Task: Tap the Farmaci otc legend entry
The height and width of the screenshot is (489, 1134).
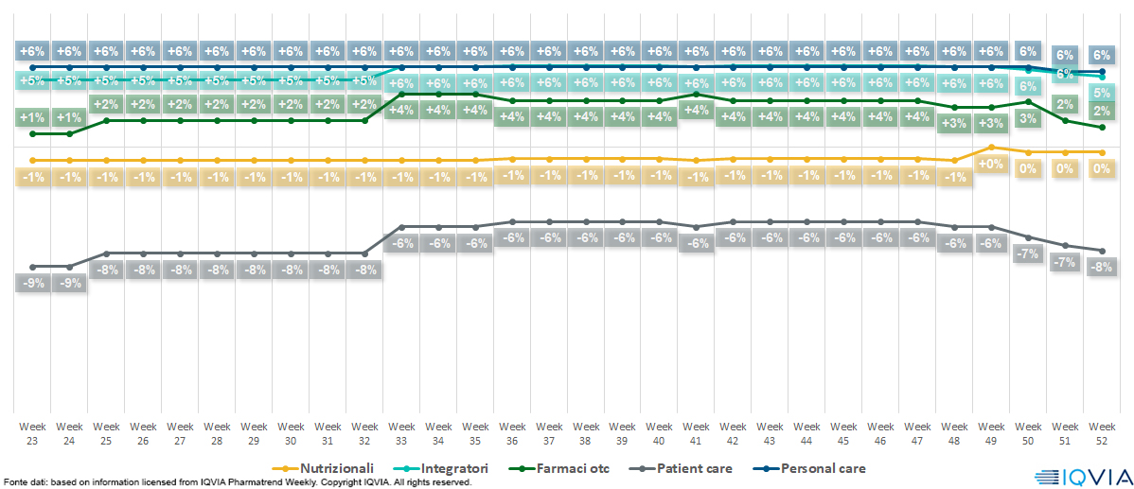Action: click(x=568, y=468)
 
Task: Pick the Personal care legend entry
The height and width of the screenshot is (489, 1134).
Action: click(x=818, y=468)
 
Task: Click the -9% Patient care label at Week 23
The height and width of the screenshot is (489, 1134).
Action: click(x=33, y=283)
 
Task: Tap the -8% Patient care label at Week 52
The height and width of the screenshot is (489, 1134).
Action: click(x=1102, y=267)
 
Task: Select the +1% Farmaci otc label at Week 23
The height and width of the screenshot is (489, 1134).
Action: click(x=33, y=117)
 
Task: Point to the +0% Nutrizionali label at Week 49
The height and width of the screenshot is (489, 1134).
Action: click(x=991, y=165)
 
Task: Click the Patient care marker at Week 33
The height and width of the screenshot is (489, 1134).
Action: click(x=402, y=227)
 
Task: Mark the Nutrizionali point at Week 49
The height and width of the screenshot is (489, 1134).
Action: click(x=991, y=147)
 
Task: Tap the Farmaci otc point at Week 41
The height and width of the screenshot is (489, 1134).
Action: click(x=697, y=94)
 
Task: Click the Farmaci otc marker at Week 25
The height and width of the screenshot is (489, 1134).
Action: click(x=107, y=120)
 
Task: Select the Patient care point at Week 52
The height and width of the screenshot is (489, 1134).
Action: click(x=1102, y=250)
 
